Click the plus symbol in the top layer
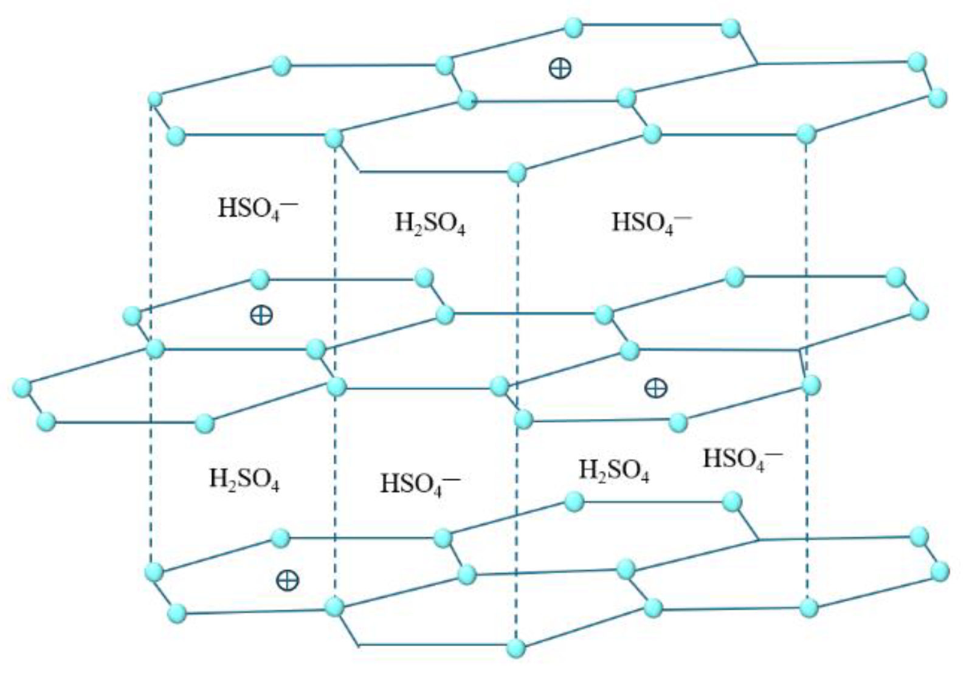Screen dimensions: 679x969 (559, 67)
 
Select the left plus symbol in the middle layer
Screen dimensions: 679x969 (261, 314)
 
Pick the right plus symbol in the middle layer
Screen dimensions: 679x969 (655, 387)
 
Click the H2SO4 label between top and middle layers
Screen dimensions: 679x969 (430, 224)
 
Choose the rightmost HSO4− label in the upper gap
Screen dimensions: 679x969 (650, 222)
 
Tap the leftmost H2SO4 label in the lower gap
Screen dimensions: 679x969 (244, 480)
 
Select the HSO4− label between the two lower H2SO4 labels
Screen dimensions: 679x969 (419, 484)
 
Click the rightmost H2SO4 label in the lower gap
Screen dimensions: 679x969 (614, 471)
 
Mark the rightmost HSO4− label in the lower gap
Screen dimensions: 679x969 (742, 459)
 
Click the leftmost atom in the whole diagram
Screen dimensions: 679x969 (22, 387)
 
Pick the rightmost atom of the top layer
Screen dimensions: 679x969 (938, 97)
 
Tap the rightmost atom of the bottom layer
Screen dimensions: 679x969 (939, 571)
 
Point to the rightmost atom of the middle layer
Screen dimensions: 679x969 (919, 311)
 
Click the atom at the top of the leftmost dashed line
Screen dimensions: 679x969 (155, 98)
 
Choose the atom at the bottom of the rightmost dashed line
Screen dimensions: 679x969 (808, 607)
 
